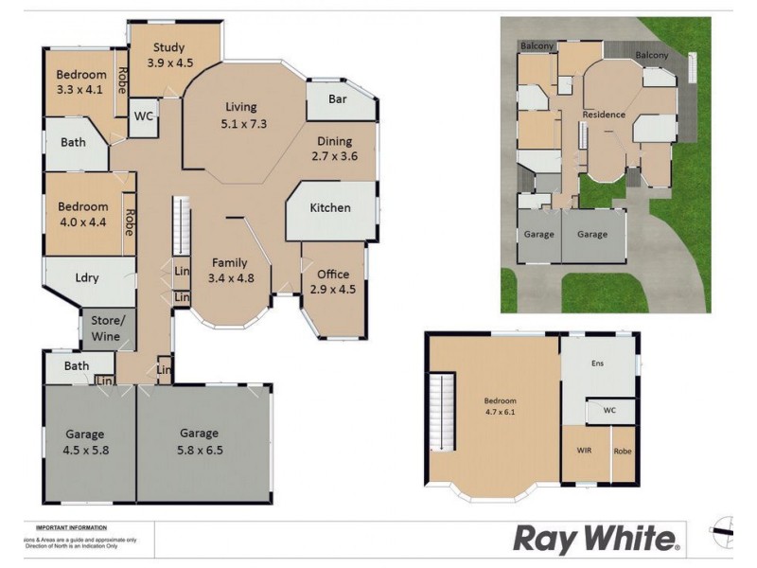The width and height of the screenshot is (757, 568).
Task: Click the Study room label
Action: (x=170, y=55)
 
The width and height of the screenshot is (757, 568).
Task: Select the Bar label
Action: (x=336, y=98)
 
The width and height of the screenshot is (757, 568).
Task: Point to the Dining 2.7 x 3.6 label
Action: (x=337, y=149)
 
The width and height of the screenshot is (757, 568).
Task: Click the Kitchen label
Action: (x=330, y=208)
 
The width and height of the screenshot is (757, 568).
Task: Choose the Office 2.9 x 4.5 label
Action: (x=333, y=282)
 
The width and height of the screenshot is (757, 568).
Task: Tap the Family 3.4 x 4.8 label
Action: (x=229, y=271)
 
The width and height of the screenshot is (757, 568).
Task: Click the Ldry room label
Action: (x=88, y=277)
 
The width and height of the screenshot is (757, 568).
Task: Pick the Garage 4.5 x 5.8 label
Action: (x=87, y=442)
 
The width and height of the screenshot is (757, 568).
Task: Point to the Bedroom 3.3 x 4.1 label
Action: (x=81, y=82)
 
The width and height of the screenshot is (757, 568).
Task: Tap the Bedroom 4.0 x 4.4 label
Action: (x=83, y=214)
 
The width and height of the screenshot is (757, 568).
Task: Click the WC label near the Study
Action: (x=144, y=116)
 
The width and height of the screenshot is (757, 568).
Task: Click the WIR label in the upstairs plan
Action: (x=585, y=451)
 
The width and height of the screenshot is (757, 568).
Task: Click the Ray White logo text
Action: (x=595, y=539)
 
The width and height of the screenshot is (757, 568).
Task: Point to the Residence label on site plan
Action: (x=604, y=115)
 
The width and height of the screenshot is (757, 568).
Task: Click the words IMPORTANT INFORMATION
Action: (x=71, y=527)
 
